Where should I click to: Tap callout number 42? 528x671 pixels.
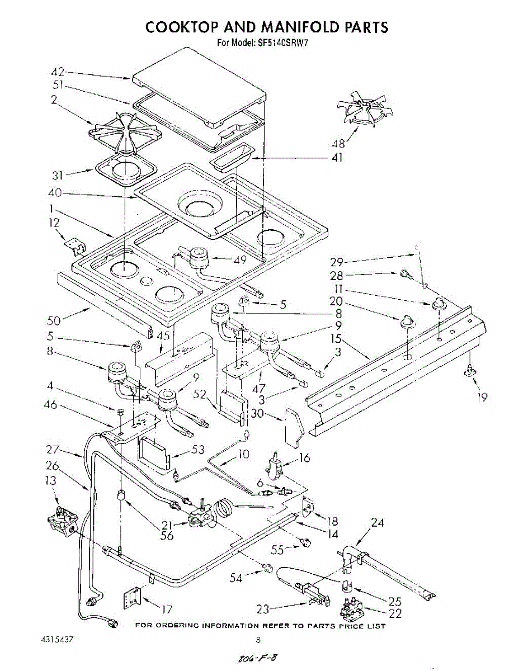[x=58, y=72]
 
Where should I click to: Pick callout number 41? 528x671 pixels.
[x=336, y=158]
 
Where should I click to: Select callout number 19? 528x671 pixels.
[x=482, y=397]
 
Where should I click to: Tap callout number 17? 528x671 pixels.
[x=166, y=609]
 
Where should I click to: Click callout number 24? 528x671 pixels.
[x=378, y=523]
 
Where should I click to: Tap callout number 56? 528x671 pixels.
[x=167, y=536]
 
